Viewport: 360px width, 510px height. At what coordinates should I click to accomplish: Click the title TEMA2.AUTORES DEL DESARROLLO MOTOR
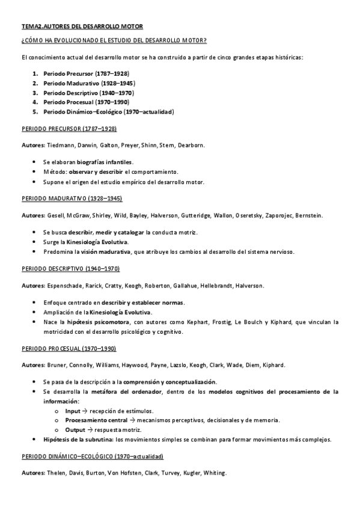click(82, 26)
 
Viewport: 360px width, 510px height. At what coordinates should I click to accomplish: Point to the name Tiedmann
click(59, 145)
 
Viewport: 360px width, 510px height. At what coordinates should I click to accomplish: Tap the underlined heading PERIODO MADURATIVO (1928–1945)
click(72, 198)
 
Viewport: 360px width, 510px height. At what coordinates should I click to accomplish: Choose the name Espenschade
click(67, 285)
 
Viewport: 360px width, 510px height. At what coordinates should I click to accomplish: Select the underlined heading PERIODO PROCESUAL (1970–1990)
click(69, 348)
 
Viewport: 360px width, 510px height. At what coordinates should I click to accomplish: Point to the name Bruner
click(57, 364)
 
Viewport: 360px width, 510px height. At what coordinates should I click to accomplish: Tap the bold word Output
click(75, 430)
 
